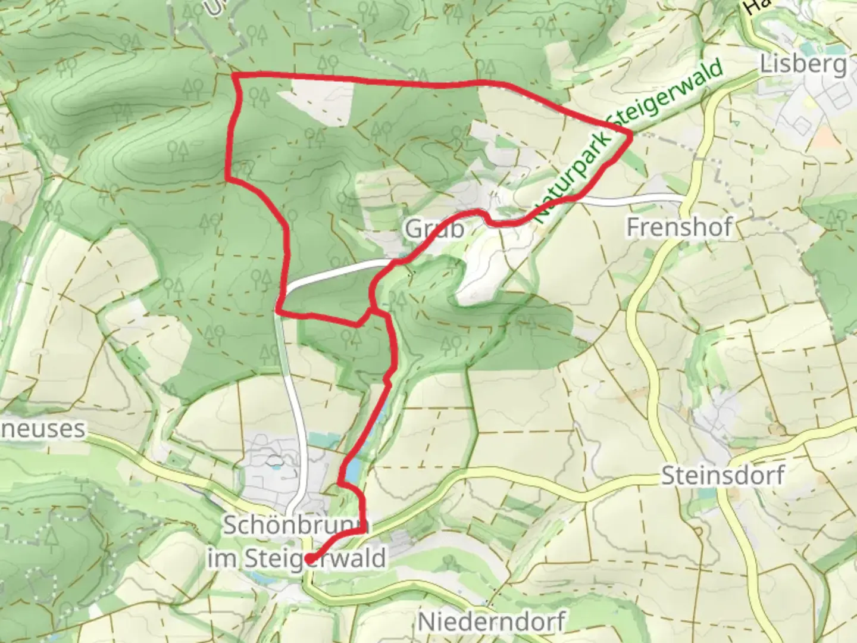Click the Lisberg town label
point(803,64)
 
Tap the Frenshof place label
point(679,227)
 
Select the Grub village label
point(434,229)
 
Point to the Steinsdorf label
point(722,476)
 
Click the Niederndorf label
point(491,622)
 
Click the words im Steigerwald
point(296,558)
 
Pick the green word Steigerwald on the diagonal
point(667,95)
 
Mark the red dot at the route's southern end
point(309,558)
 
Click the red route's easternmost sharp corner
point(631,135)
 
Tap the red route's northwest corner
point(233,76)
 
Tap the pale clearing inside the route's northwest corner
point(321,101)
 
